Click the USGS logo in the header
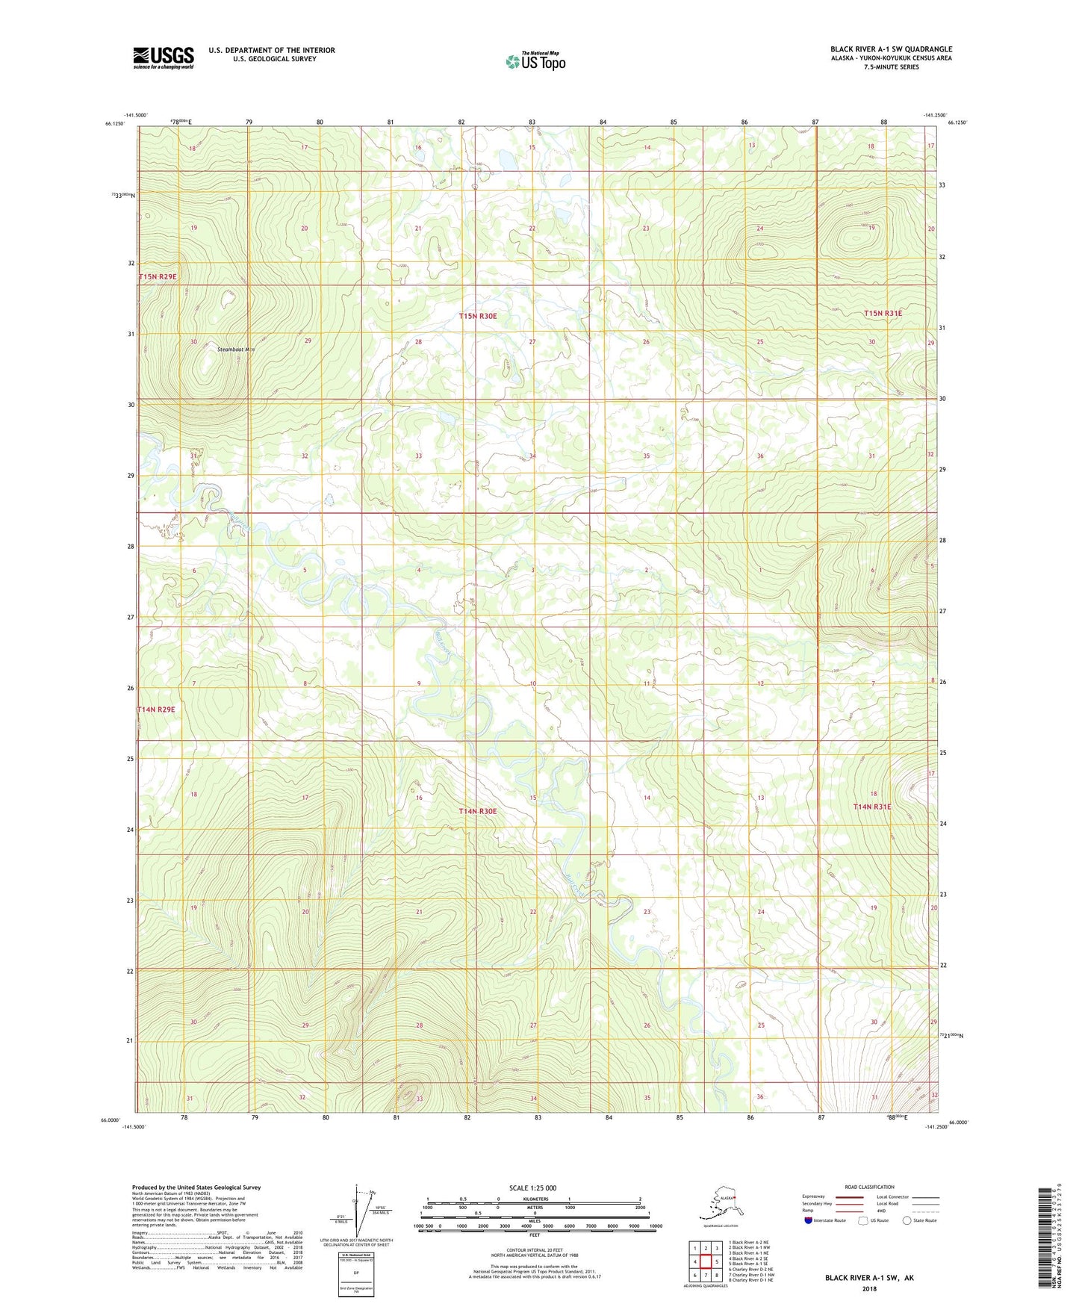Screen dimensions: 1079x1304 pyautogui.click(x=164, y=58)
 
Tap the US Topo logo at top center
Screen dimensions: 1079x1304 pyautogui.click(x=535, y=61)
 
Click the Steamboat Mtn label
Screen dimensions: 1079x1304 pyautogui.click(x=236, y=350)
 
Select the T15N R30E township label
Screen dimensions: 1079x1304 pyautogui.click(x=478, y=317)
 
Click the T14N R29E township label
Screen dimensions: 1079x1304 pyautogui.click(x=156, y=710)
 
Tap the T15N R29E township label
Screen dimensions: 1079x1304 pyautogui.click(x=158, y=277)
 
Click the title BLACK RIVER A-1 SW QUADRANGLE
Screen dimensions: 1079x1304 pyautogui.click(x=891, y=49)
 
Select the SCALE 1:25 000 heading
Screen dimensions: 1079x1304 pyautogui.click(x=532, y=1188)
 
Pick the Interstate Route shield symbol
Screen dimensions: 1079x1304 pyautogui.click(x=808, y=1220)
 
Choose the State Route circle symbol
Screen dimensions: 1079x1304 pyautogui.click(x=907, y=1220)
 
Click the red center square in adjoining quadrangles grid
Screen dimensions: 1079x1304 pyautogui.click(x=706, y=1261)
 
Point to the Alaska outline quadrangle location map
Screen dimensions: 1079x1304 pyautogui.click(x=719, y=1204)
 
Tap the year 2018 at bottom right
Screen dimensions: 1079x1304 pyautogui.click(x=869, y=1288)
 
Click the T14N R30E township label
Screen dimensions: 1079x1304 pyautogui.click(x=478, y=811)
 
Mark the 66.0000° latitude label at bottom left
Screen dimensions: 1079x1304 pyautogui.click(x=111, y=1120)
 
